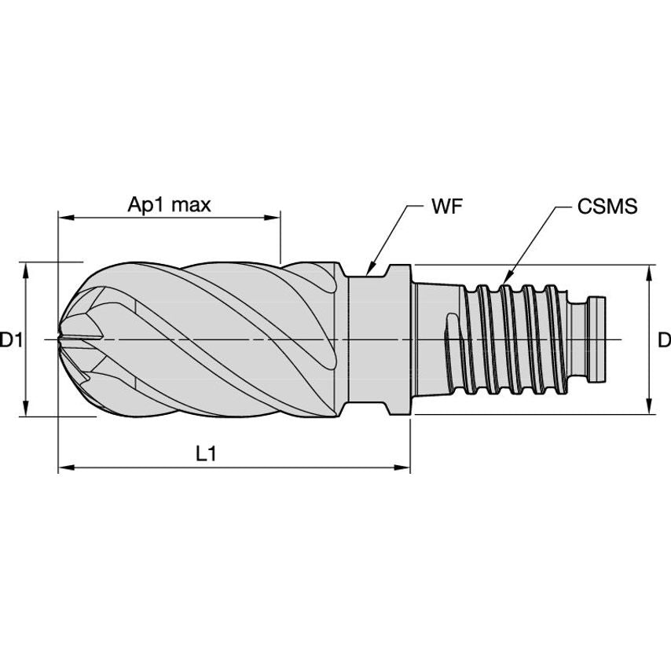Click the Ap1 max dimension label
[x=170, y=205]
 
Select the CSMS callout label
[x=607, y=207]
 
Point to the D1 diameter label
[x=10, y=340]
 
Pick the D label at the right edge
[x=664, y=340]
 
